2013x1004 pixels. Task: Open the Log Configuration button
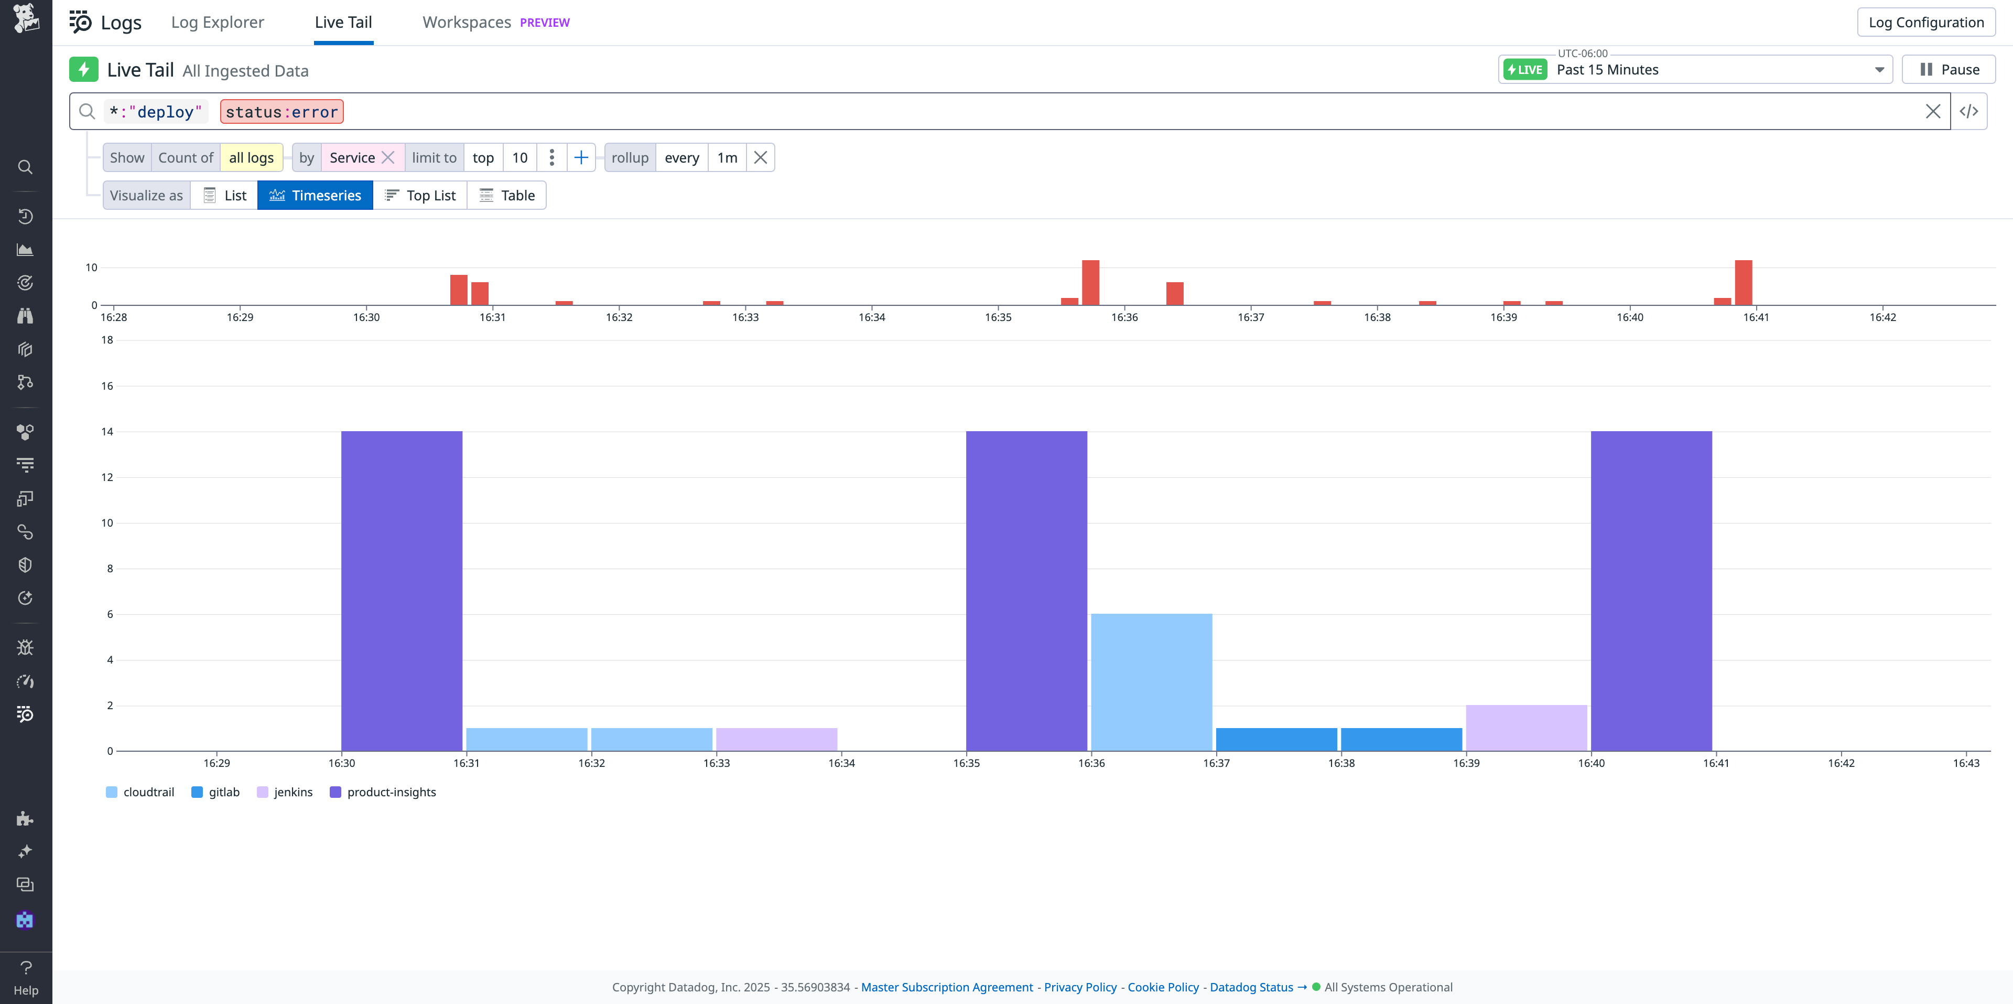(1925, 22)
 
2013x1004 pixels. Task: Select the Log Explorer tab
(217, 22)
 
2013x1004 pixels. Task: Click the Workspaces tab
(467, 22)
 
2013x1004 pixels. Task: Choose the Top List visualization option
(420, 196)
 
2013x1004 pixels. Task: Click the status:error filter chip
(282, 112)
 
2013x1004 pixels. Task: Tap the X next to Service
(387, 158)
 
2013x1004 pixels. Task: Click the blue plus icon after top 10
(581, 158)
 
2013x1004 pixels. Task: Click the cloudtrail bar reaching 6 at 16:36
(1151, 682)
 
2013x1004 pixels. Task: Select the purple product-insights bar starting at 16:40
(1651, 590)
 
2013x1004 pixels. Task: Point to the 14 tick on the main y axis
(107, 432)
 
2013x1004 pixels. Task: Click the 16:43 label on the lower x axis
(1965, 763)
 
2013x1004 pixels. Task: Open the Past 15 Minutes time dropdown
(1694, 70)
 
